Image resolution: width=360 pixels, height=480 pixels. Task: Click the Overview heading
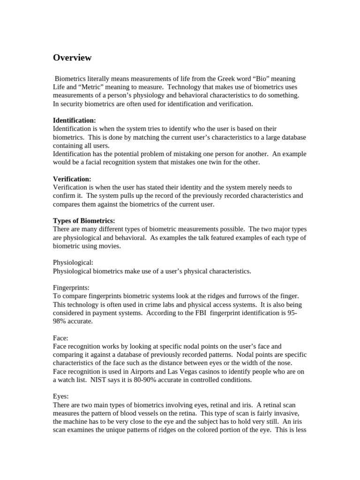(72, 58)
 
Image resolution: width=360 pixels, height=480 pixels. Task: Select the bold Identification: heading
(74, 120)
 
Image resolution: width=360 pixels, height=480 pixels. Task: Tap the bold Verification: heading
(72, 179)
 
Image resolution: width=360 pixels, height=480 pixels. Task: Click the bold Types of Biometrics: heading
(84, 221)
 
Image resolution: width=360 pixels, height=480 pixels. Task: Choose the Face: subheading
(61, 337)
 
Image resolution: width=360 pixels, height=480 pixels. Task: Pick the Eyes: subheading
(61, 396)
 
